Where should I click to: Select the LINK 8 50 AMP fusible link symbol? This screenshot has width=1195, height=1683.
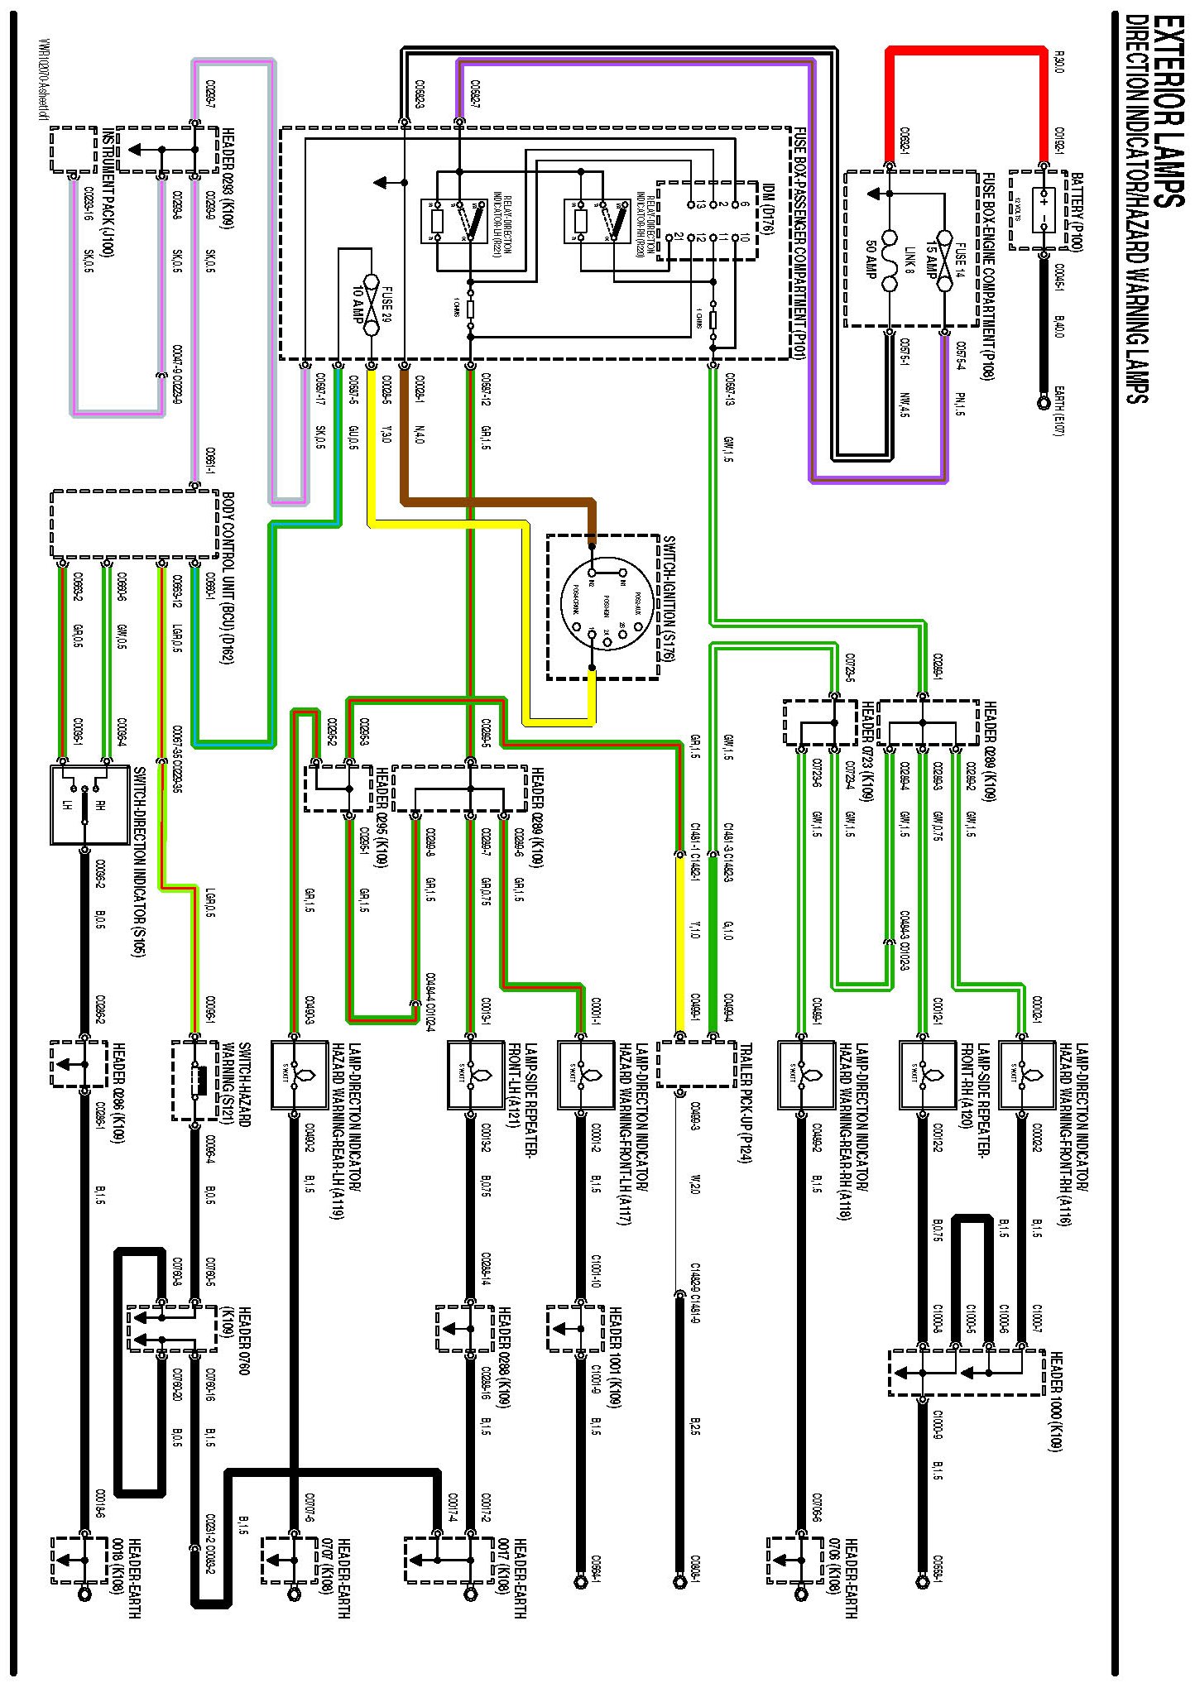tap(890, 261)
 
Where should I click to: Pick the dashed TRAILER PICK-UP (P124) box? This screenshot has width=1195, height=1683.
tap(696, 1063)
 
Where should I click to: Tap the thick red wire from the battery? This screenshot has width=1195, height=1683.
tap(964, 51)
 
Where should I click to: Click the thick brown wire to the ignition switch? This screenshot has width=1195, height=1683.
tap(497, 501)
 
